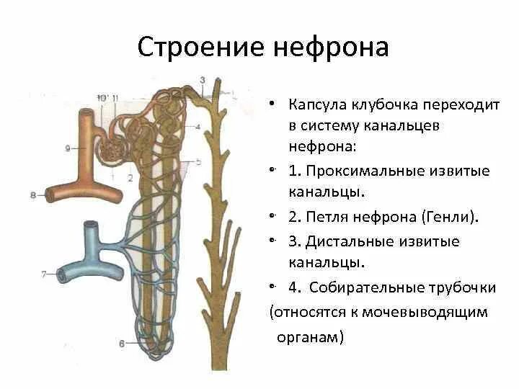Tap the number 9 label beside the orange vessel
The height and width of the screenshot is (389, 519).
point(67,148)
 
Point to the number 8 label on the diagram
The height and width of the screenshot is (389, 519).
point(34,194)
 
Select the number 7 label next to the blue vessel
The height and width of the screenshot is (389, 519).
point(44,274)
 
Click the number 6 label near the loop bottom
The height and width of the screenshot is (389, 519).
point(121,344)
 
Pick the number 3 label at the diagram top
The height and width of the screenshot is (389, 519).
point(203,79)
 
